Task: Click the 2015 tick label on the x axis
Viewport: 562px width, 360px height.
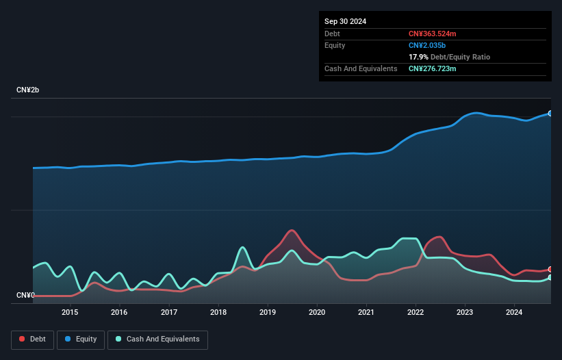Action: click(x=70, y=313)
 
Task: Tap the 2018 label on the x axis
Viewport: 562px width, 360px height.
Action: click(x=218, y=313)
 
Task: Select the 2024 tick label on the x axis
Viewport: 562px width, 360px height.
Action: click(x=515, y=313)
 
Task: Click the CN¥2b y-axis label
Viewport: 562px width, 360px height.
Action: click(x=28, y=90)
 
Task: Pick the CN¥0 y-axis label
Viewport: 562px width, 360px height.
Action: click(x=25, y=295)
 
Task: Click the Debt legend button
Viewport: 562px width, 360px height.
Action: click(x=32, y=339)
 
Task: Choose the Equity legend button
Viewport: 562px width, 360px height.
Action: click(x=81, y=339)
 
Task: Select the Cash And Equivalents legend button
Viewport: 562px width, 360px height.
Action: click(x=157, y=339)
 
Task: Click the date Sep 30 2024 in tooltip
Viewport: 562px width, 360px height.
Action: click(x=346, y=21)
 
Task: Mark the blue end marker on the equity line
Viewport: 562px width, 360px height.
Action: click(x=550, y=114)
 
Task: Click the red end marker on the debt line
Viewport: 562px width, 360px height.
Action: click(x=550, y=270)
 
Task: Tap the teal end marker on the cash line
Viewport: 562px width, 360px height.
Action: click(x=550, y=277)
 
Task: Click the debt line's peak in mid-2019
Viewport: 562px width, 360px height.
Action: click(x=292, y=230)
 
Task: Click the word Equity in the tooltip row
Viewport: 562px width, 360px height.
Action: click(x=335, y=45)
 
